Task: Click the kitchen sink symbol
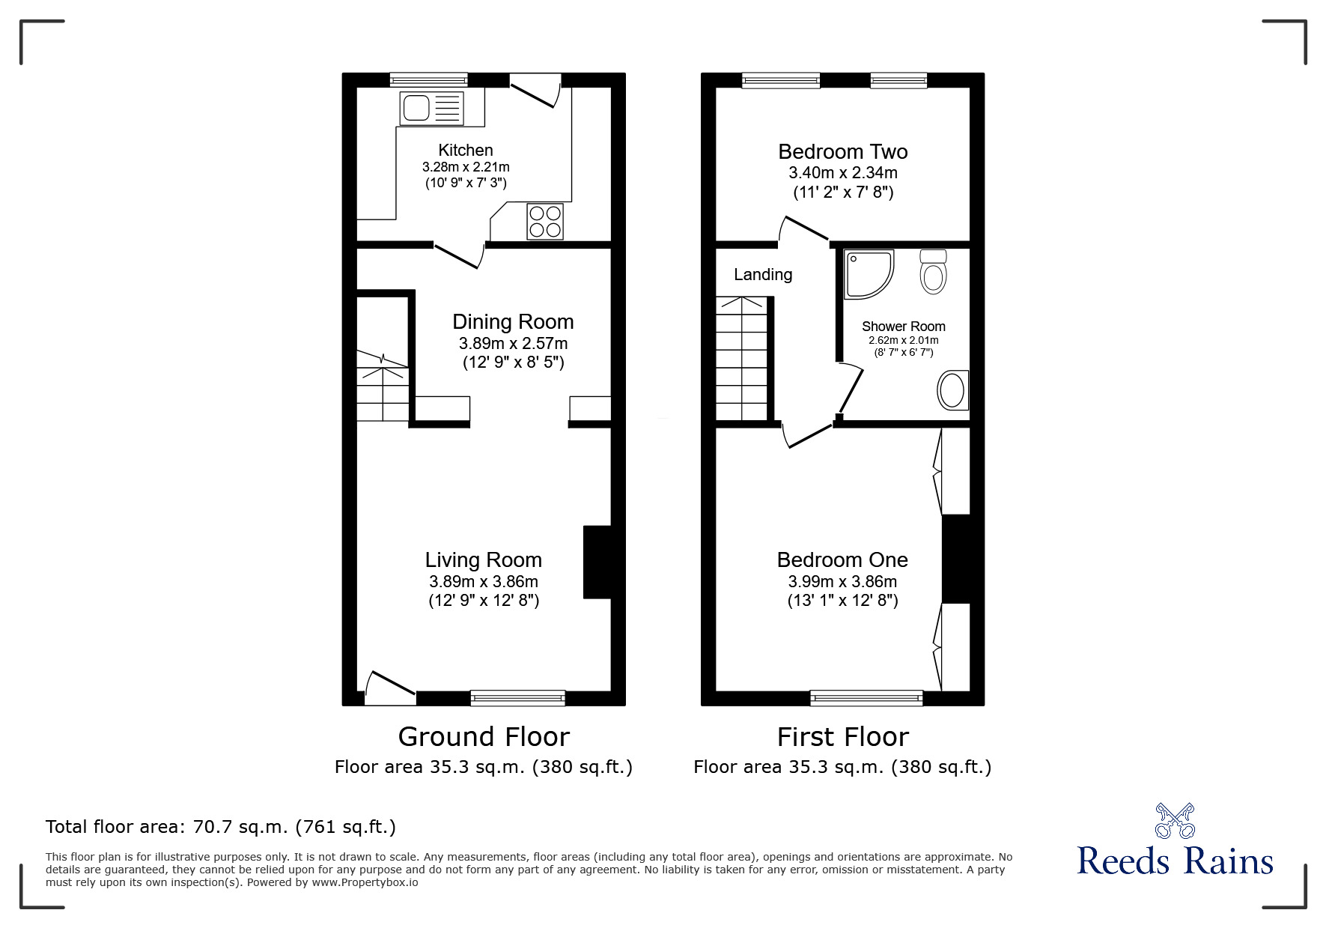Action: point(431,108)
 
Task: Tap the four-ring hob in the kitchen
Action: point(545,221)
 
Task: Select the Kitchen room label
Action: point(465,150)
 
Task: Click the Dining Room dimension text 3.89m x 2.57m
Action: point(513,344)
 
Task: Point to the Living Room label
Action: point(483,559)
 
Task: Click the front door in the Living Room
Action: point(390,688)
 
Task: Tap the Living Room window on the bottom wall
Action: point(517,698)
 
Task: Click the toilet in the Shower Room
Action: point(933,271)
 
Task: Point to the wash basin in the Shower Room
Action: point(952,390)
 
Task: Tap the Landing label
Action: point(762,274)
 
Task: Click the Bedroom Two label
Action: point(842,151)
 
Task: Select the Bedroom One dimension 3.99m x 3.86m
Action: point(842,581)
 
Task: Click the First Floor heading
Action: point(842,737)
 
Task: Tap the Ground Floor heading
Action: point(483,737)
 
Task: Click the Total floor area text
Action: point(220,827)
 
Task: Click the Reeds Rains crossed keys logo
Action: point(1175,821)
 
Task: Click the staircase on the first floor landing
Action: point(743,358)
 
